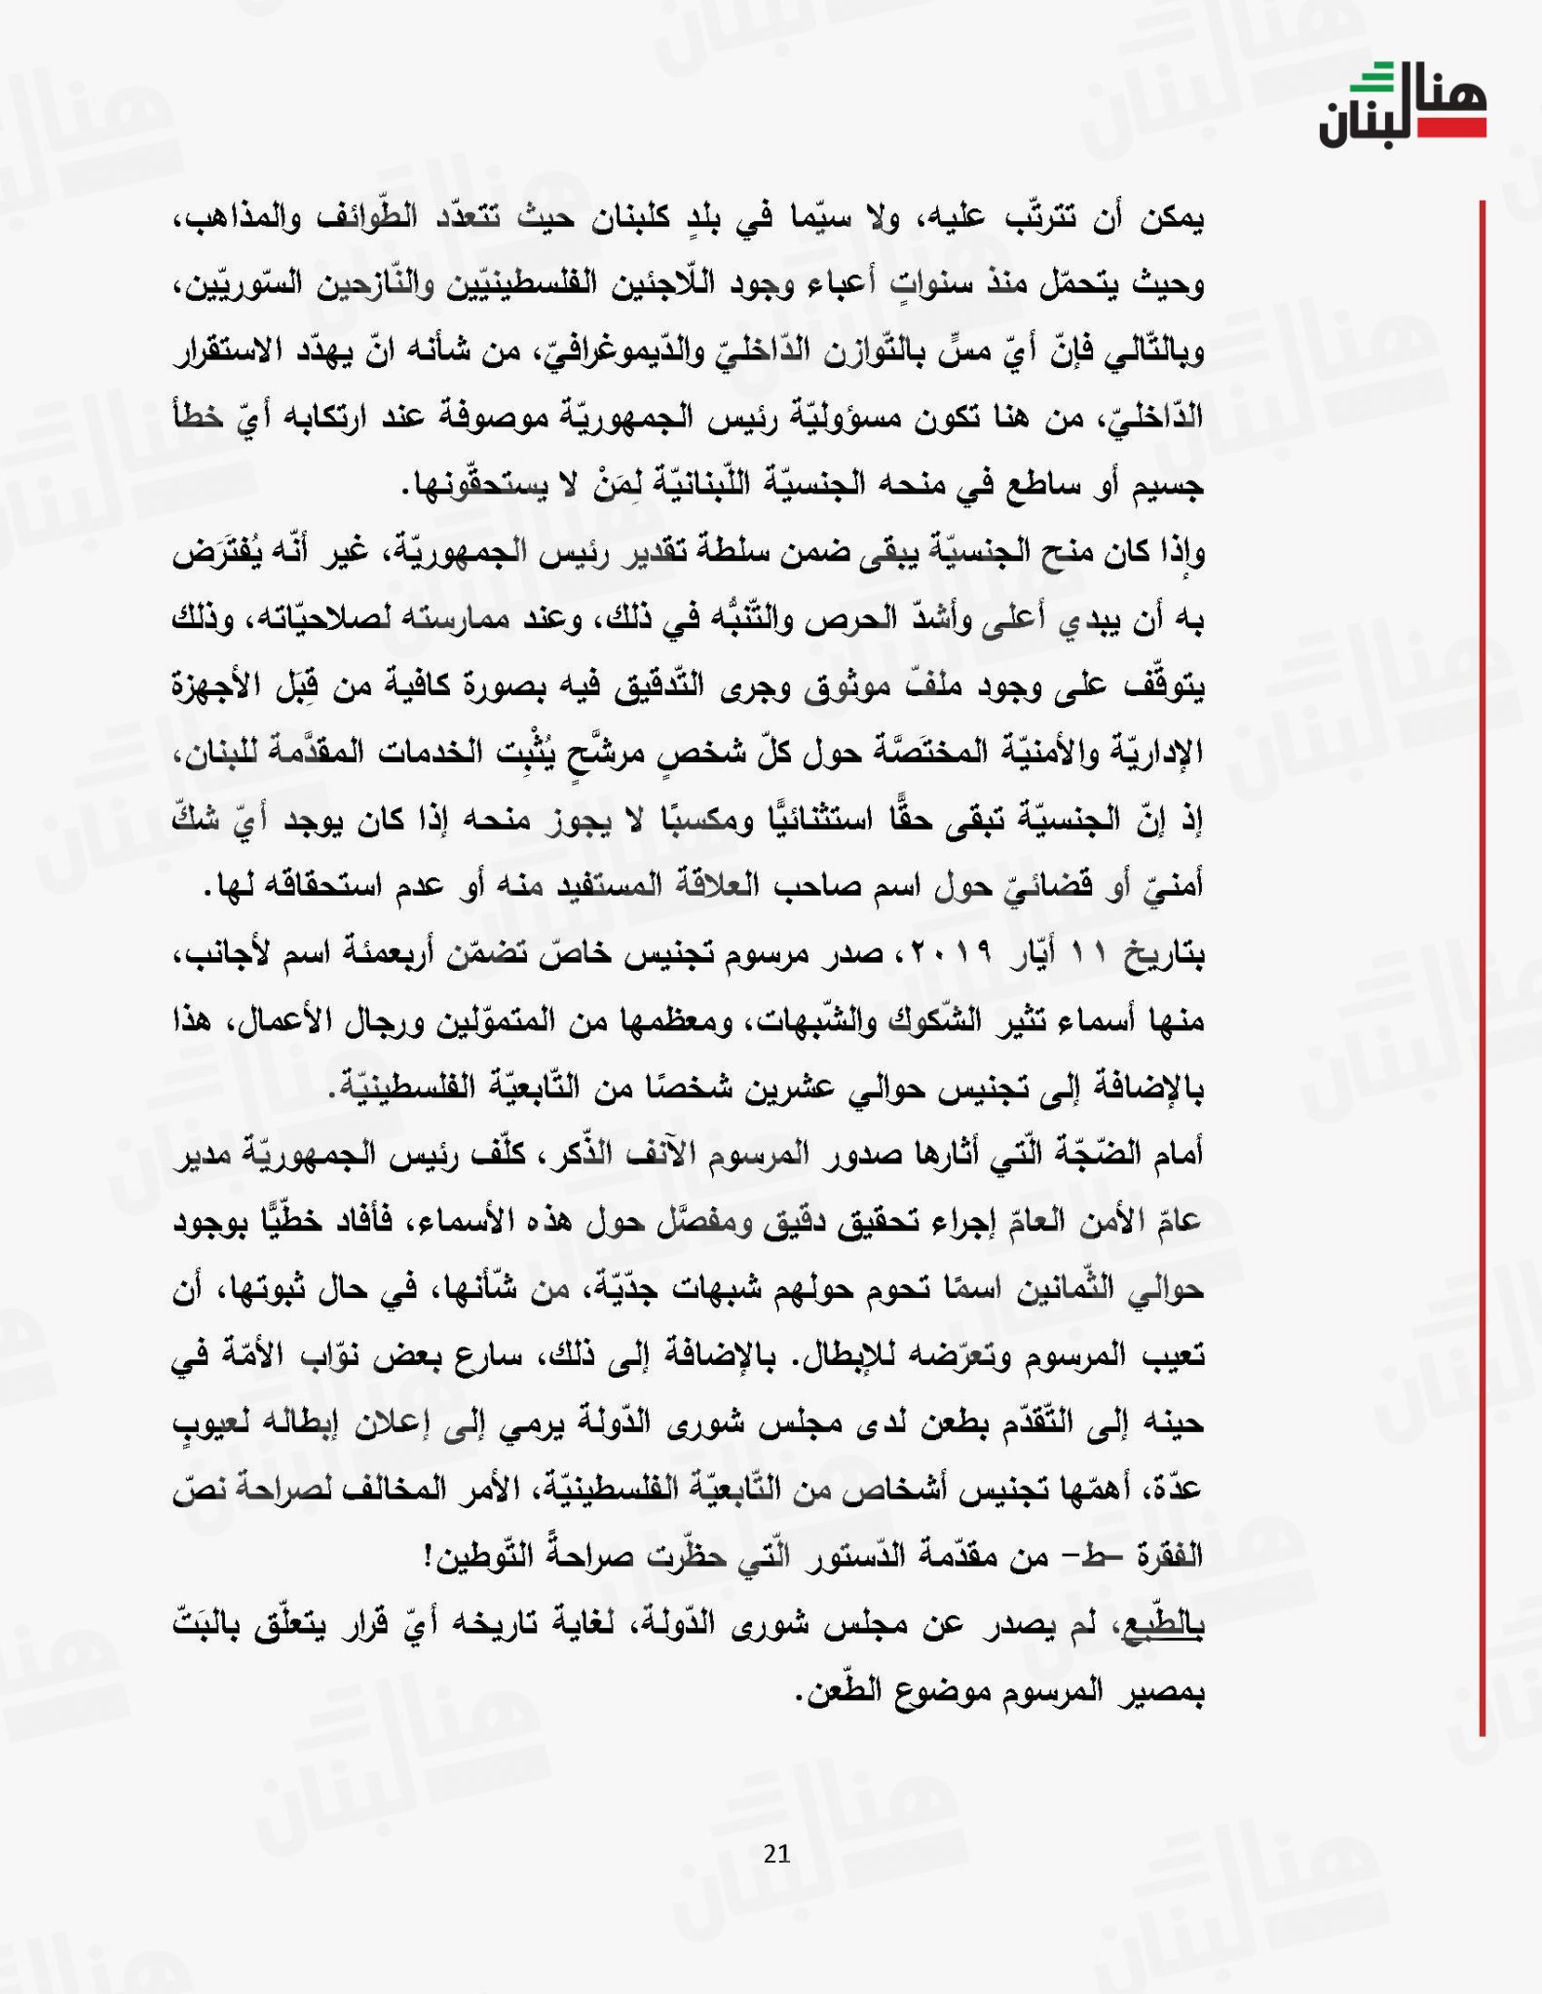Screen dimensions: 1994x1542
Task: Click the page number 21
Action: (x=776, y=1853)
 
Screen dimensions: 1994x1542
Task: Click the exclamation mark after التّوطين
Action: (x=430, y=1556)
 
